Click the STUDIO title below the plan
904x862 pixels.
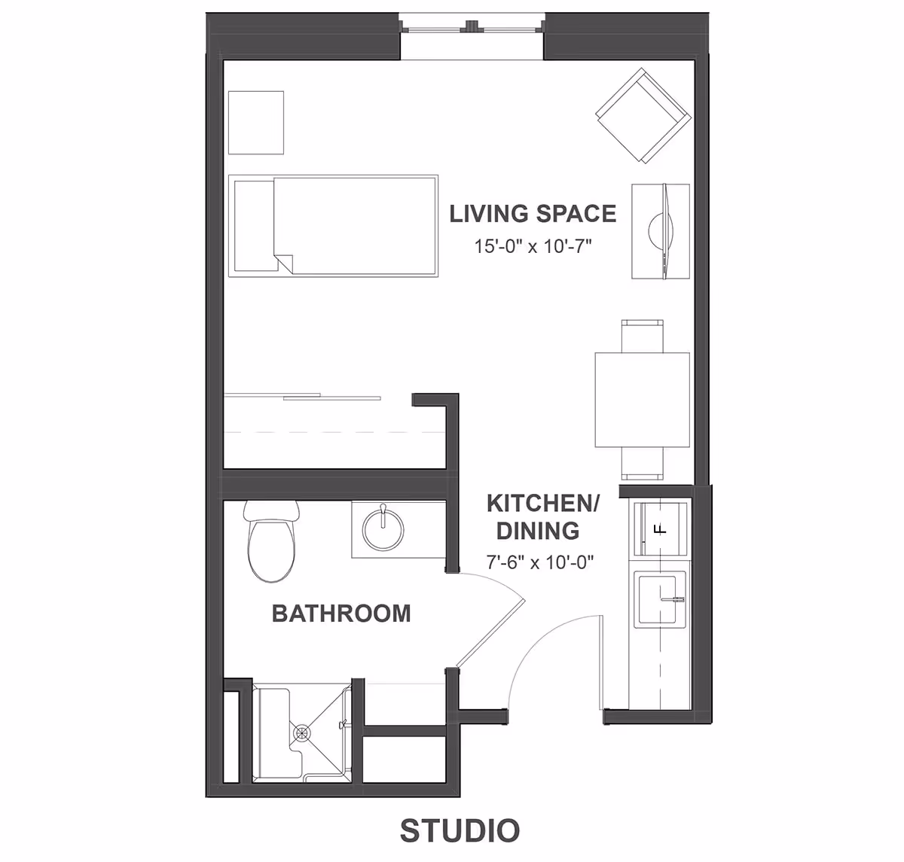pos(460,830)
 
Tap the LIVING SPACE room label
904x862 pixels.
pos(533,214)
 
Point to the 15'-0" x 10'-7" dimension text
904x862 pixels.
pos(533,246)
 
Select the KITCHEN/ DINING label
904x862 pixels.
pos(542,516)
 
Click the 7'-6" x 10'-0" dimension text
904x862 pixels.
pos(540,562)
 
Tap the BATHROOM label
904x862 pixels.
pos(341,614)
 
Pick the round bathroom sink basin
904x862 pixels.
pos(383,530)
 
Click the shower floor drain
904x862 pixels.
pos(302,731)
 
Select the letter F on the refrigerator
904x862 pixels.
pos(661,528)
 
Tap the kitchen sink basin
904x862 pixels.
pos(659,599)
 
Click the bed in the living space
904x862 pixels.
pos(334,226)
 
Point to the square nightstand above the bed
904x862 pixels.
pos(256,123)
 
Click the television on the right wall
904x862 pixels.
pos(661,231)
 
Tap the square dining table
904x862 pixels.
pos(643,400)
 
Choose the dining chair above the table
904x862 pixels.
pos(643,335)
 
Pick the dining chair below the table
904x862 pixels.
pos(643,464)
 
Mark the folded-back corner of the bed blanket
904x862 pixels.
pos(283,263)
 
